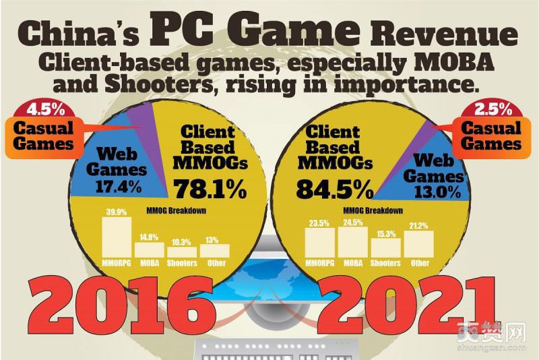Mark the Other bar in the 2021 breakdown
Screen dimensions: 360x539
point(418,243)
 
